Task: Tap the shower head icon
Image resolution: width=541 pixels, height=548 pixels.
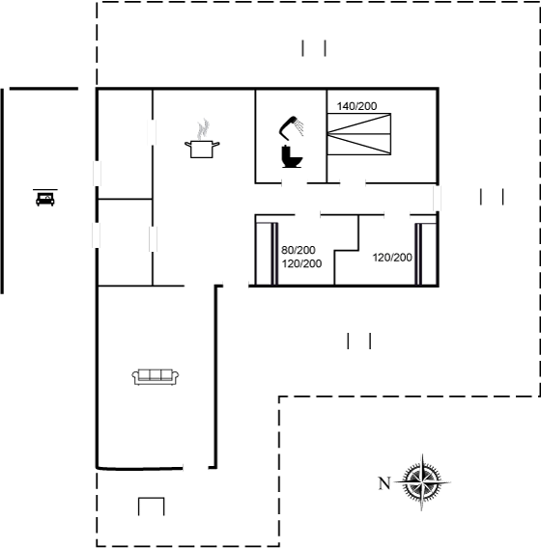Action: [288, 126]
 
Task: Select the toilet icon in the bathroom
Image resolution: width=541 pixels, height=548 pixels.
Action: [291, 156]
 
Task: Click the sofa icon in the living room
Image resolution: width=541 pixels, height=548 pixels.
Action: [156, 377]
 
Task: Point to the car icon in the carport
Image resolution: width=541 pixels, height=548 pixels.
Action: [45, 199]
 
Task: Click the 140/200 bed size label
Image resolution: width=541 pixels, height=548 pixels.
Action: [356, 106]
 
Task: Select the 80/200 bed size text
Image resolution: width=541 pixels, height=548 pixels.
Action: [299, 250]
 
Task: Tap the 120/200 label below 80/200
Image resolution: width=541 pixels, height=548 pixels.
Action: [301, 263]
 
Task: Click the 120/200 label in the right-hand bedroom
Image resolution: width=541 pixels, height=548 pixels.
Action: [392, 258]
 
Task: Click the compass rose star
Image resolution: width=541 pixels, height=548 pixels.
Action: [422, 482]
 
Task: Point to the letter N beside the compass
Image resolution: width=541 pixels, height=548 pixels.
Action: [384, 483]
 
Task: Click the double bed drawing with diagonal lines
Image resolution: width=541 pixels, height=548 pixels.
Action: [359, 134]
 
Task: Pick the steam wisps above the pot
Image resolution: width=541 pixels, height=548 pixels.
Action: [203, 129]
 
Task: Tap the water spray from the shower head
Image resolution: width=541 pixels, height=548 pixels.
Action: [299, 127]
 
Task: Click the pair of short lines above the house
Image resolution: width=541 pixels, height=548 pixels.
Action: [314, 48]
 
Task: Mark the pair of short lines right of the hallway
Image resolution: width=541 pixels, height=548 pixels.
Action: [492, 197]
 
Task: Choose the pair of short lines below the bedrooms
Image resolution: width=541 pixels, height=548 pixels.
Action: [358, 341]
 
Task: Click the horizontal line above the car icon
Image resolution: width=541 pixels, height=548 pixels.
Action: [45, 190]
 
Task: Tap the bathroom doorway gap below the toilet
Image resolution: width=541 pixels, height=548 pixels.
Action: [295, 182]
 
